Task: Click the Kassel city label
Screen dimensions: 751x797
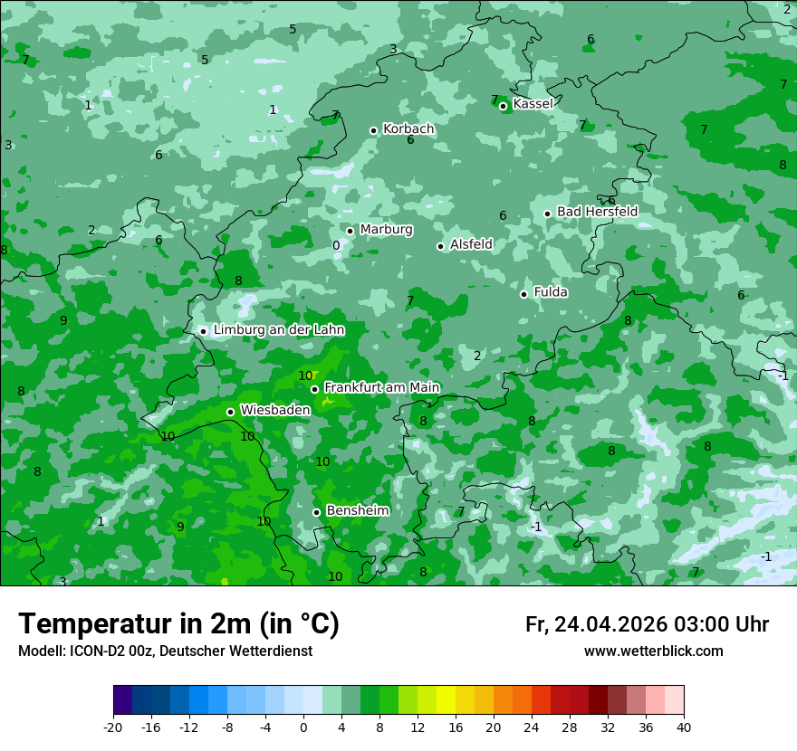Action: pos(533,104)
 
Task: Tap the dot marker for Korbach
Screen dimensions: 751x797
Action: pos(373,130)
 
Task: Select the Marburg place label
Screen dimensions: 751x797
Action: pos(386,230)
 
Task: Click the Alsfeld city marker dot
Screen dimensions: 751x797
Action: pos(440,246)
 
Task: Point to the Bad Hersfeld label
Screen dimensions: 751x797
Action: pos(597,212)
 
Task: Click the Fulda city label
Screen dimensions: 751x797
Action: pos(551,292)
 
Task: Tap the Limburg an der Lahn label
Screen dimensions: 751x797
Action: pos(278,330)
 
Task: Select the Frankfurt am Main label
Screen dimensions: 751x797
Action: pos(381,387)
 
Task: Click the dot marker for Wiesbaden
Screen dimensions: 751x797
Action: pos(230,412)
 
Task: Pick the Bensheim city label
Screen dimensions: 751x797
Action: pos(357,510)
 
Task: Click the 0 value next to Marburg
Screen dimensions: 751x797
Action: pos(336,245)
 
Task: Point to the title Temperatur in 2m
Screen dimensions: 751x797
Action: pos(178,624)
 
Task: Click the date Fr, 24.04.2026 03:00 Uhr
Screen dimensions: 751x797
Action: pos(647,624)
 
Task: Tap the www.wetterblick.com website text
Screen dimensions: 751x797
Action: pos(653,651)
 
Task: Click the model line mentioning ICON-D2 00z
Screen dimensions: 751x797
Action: pos(165,651)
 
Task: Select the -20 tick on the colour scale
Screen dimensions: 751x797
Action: pos(113,727)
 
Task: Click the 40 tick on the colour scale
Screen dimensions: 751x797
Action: pos(684,727)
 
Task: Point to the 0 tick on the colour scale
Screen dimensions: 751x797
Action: pos(303,727)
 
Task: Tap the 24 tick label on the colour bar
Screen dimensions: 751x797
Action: pos(532,727)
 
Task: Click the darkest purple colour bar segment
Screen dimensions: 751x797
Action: pos(122,700)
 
